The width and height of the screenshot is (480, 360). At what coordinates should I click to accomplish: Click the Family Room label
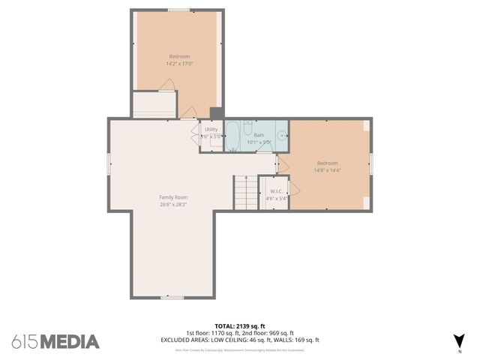coord(173,197)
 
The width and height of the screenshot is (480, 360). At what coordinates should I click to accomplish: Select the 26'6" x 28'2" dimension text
coord(173,204)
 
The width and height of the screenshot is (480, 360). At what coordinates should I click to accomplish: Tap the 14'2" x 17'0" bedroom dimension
coord(178,64)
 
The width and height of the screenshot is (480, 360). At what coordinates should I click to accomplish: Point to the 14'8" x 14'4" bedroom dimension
coord(327,170)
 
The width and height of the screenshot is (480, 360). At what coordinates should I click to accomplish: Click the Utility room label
coord(211,129)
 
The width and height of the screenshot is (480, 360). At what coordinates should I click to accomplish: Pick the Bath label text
coord(258,135)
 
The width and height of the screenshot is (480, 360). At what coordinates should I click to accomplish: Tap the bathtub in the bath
coord(233,136)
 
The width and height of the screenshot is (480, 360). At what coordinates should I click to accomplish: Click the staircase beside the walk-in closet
coord(244,192)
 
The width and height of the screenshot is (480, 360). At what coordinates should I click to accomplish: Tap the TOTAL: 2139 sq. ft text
coord(240,326)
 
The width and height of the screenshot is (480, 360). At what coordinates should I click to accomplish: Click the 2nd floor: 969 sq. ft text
coord(268,333)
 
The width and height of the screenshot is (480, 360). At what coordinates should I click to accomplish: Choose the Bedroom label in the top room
coord(178,57)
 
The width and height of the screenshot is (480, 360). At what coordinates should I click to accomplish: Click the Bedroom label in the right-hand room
coord(327,163)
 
